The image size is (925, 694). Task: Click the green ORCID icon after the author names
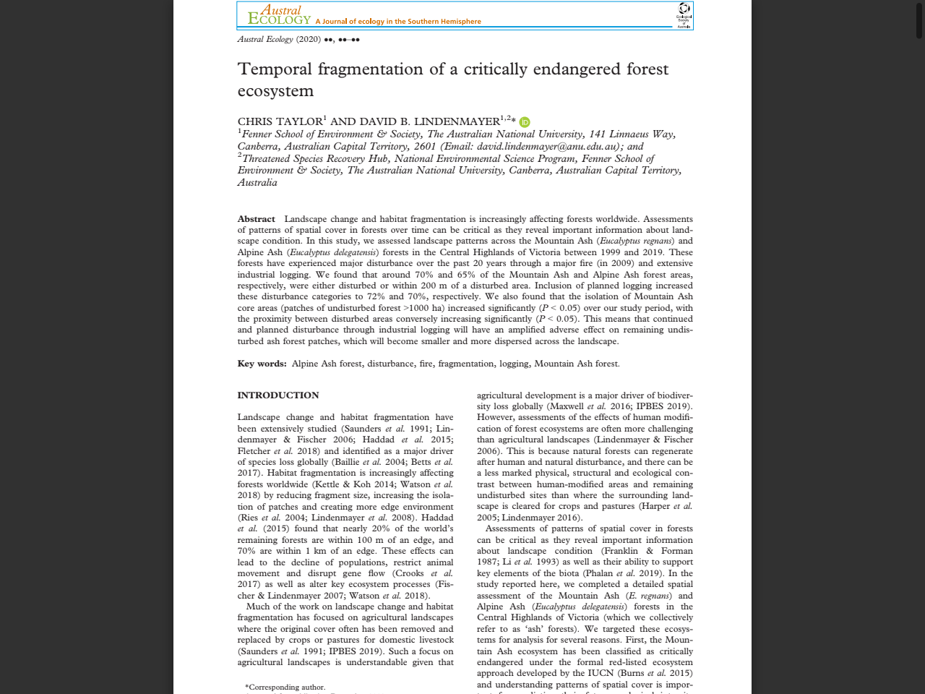pos(525,122)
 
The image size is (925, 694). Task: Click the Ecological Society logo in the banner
pos(684,15)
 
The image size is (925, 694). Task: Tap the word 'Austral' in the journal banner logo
pos(281,10)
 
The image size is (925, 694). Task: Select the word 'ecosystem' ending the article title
pos(275,91)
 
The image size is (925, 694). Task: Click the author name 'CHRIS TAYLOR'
pos(280,121)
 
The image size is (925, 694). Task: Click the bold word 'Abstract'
pos(256,219)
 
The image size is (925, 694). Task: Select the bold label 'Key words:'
pos(262,364)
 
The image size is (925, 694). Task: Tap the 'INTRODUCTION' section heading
pos(278,395)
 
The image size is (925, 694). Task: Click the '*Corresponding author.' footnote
pos(285,687)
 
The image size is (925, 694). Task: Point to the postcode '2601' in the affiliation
pos(425,146)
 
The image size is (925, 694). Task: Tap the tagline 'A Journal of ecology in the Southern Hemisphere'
pos(398,22)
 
